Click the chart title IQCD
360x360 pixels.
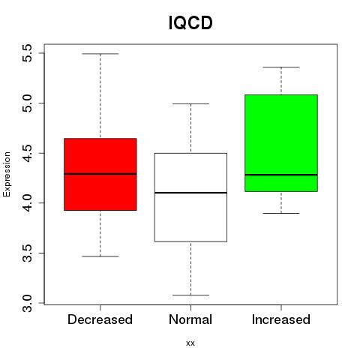click(x=190, y=22)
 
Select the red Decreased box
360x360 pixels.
click(x=100, y=174)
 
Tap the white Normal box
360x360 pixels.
click(x=190, y=197)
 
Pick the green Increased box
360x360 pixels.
click(x=281, y=143)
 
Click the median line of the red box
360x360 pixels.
click(x=100, y=174)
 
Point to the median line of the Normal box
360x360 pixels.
click(x=190, y=193)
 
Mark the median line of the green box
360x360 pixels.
click(x=281, y=175)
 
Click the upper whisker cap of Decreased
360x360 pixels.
click(x=100, y=54)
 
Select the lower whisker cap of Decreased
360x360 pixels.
click(x=100, y=256)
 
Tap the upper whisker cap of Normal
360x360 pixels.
click(x=190, y=103)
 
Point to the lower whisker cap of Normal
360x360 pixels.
click(x=190, y=295)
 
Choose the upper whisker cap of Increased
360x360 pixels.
click(x=281, y=67)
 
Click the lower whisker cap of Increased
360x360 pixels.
click(x=281, y=213)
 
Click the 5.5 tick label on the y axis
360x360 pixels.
click(x=27, y=53)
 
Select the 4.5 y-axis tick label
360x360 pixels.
click(x=27, y=153)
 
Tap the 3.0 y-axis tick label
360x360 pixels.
click(x=27, y=303)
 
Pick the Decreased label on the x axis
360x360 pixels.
click(x=100, y=319)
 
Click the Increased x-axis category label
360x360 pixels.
click(x=281, y=319)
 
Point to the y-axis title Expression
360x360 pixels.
click(x=7, y=174)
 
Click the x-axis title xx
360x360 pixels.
click(x=190, y=343)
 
